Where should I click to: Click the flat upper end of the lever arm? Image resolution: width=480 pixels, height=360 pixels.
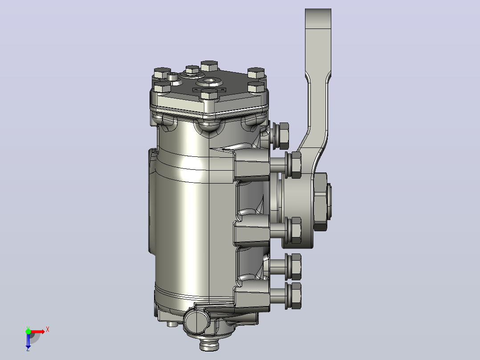(318, 18)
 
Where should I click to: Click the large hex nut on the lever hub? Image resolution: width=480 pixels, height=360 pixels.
(320, 201)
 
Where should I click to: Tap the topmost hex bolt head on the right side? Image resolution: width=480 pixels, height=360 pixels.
(284, 135)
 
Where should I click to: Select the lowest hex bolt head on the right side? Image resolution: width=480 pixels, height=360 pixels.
(296, 296)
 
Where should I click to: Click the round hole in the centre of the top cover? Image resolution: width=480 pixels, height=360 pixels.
(209, 82)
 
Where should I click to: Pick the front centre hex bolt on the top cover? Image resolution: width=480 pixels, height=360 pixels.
(209, 94)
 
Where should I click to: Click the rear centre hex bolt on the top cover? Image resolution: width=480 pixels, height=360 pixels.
(209, 66)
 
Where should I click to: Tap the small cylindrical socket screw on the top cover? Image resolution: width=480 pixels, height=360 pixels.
(172, 76)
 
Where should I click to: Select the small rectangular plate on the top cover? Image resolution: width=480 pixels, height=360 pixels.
(209, 90)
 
